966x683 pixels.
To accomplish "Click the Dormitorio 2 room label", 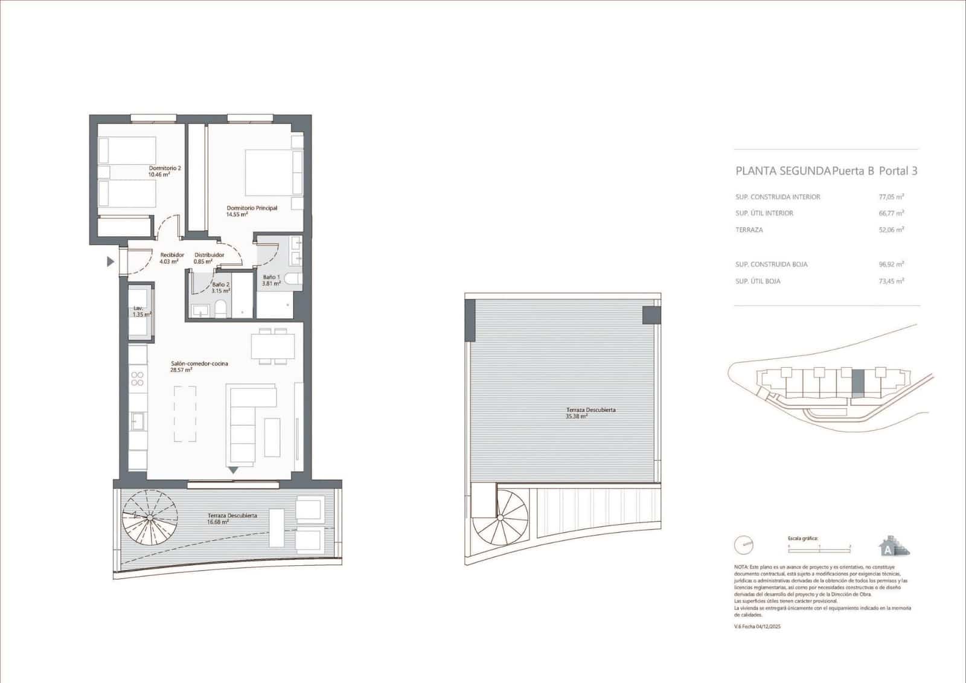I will (165, 171).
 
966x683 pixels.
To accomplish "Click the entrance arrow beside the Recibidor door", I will (110, 261).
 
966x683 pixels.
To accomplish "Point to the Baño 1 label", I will (271, 280).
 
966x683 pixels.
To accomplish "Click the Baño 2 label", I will (221, 287).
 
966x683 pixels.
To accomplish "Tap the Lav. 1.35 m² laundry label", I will (142, 311).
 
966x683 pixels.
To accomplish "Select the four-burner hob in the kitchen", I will (138, 379).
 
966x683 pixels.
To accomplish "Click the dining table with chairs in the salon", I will (273, 346).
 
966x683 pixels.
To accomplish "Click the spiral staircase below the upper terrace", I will (501, 517).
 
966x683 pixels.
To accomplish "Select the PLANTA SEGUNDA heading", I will (782, 171).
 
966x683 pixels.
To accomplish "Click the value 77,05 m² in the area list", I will (891, 197).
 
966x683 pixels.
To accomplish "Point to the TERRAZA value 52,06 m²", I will (891, 230).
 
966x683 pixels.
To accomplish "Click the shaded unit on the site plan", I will (858, 381).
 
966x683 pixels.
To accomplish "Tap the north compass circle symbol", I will (744, 545).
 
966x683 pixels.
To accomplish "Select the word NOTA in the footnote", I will (741, 568).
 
